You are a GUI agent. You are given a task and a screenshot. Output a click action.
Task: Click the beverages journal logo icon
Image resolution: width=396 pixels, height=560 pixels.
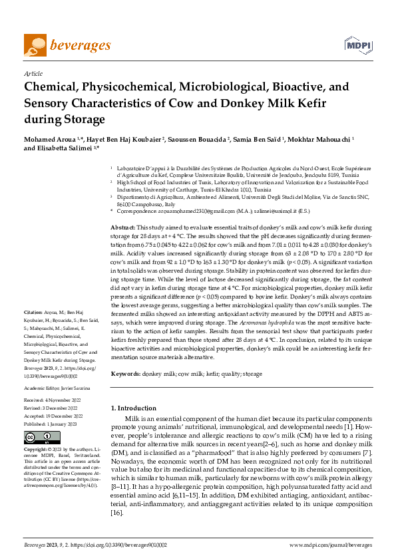coord(35,45)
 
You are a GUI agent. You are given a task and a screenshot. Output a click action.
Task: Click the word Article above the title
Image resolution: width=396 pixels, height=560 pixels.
coord(33,74)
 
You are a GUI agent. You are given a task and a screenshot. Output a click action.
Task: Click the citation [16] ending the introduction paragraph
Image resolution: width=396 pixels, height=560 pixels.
coord(116,494)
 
